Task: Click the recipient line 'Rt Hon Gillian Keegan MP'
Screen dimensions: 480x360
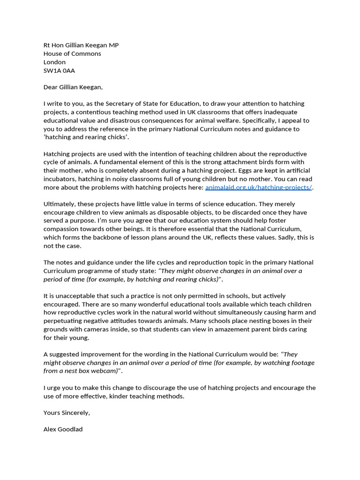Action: [81, 45]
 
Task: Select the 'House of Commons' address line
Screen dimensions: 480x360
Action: [72, 53]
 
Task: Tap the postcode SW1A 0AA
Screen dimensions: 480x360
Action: [59, 70]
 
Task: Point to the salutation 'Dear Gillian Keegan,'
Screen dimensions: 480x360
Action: [73, 87]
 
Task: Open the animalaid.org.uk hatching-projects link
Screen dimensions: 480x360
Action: [258, 187]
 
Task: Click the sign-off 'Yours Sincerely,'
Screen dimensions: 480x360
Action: [67, 412]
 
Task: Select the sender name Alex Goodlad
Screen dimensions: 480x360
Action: [63, 429]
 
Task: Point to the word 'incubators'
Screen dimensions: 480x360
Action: [60, 179]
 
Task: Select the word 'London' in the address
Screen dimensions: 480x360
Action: [54, 62]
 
